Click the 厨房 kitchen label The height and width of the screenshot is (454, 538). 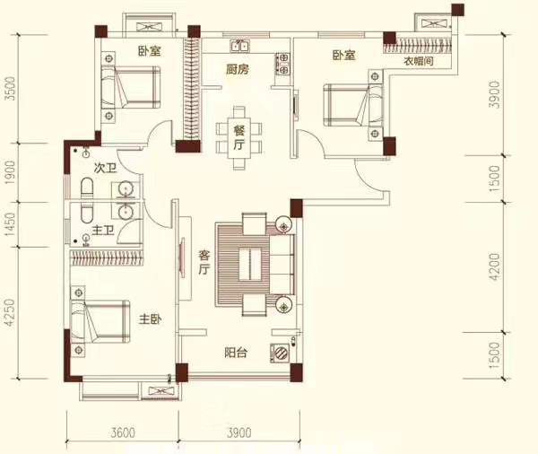click(x=237, y=70)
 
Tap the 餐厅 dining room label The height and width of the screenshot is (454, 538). click(x=239, y=137)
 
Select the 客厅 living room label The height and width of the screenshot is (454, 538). click(x=204, y=262)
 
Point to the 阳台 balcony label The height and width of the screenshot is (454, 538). click(x=236, y=353)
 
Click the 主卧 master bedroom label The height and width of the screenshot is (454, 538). click(x=151, y=319)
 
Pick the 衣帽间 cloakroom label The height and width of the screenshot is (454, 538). click(x=419, y=62)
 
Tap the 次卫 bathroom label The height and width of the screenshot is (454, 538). click(x=105, y=169)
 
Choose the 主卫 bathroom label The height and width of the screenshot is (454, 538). click(x=102, y=231)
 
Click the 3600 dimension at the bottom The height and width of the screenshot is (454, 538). click(x=123, y=432)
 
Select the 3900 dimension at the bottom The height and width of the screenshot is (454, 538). click(x=239, y=432)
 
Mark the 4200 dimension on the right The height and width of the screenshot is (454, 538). click(x=495, y=266)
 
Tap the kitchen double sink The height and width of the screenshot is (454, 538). click(x=240, y=46)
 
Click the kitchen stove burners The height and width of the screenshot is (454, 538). click(x=283, y=64)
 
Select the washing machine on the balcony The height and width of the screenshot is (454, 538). click(x=280, y=353)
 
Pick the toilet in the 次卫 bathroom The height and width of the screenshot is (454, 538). click(x=87, y=188)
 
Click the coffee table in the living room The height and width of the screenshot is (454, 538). click(x=250, y=265)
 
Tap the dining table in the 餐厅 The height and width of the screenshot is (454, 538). click(x=239, y=137)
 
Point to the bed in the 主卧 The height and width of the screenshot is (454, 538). click(x=100, y=321)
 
